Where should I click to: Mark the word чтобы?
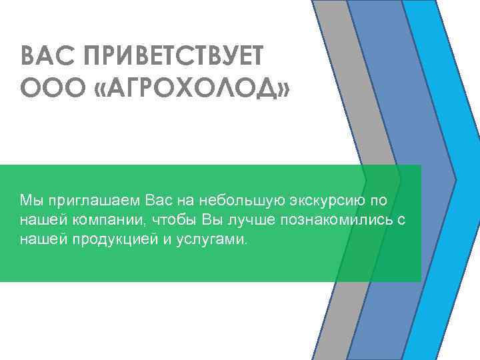point(173,220)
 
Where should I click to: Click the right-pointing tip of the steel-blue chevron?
point(453,179)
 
